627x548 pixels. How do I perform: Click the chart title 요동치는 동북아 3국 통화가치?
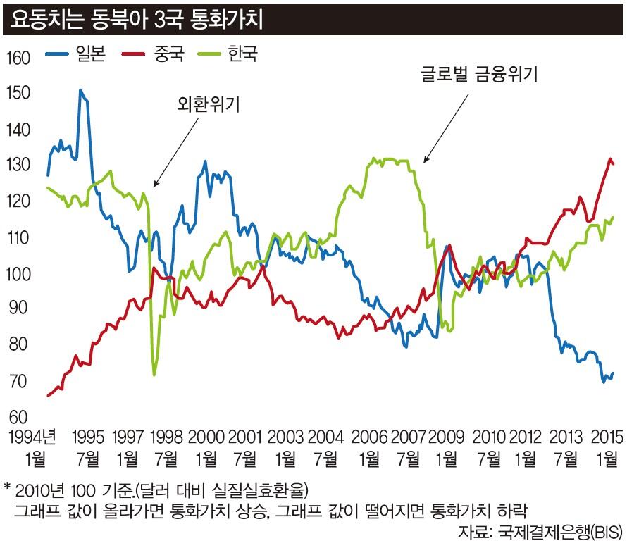click(134, 18)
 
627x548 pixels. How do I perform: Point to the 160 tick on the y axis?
click(18, 58)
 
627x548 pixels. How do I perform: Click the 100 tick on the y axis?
click(18, 273)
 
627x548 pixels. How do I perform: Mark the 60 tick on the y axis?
click(18, 417)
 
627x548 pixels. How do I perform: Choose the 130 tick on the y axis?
click(18, 166)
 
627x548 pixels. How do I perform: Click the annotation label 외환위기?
click(208, 105)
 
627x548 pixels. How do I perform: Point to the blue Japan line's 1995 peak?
click(80, 90)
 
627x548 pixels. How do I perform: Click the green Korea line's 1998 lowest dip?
click(154, 375)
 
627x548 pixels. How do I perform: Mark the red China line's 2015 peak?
click(610, 159)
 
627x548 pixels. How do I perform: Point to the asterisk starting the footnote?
click(7, 487)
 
